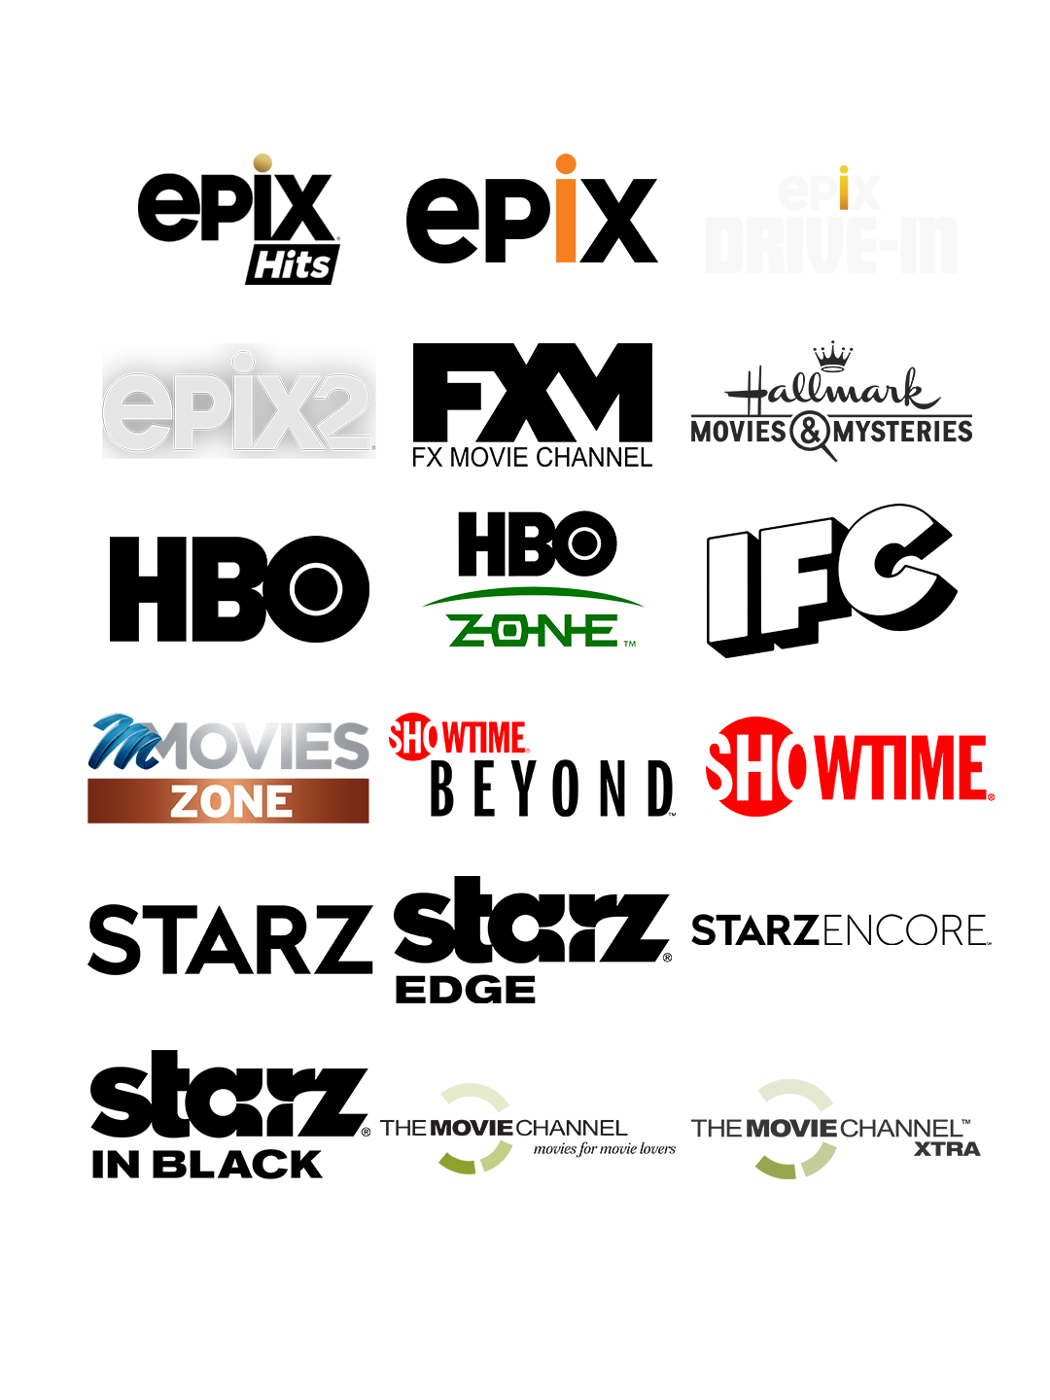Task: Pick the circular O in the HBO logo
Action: click(586, 543)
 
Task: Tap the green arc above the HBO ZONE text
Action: click(533, 590)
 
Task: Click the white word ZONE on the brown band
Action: click(230, 802)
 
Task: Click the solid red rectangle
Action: click(850, 766)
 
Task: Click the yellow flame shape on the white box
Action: click(843, 190)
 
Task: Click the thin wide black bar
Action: click(841, 929)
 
